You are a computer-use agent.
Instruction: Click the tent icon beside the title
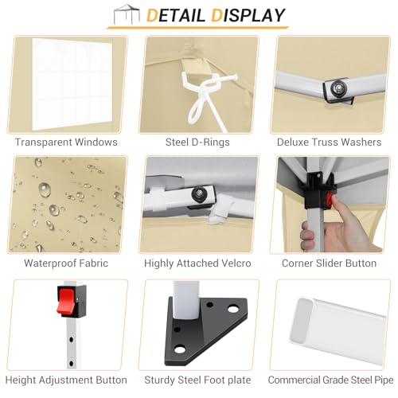coord(127,14)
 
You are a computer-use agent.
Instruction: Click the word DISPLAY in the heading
coord(248,15)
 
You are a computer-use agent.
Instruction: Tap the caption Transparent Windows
coord(66,142)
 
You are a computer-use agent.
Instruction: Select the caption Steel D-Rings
coord(197,142)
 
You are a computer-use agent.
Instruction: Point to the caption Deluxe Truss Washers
coord(330,142)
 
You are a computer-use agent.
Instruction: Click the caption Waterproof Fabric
coord(66,263)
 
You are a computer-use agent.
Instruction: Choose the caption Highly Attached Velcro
coord(197,263)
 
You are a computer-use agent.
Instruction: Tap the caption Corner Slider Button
coord(330,263)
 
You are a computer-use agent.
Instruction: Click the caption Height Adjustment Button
coord(66,380)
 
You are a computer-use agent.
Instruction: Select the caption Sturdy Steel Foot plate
coord(197,380)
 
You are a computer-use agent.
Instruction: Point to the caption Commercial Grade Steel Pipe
coord(330,380)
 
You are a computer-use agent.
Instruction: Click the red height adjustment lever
coord(66,301)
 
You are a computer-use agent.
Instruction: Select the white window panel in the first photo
coord(72,84)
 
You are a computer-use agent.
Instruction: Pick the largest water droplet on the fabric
coord(45,189)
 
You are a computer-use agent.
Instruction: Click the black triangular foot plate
coord(205,332)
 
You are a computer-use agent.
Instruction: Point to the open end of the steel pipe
coord(302,321)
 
